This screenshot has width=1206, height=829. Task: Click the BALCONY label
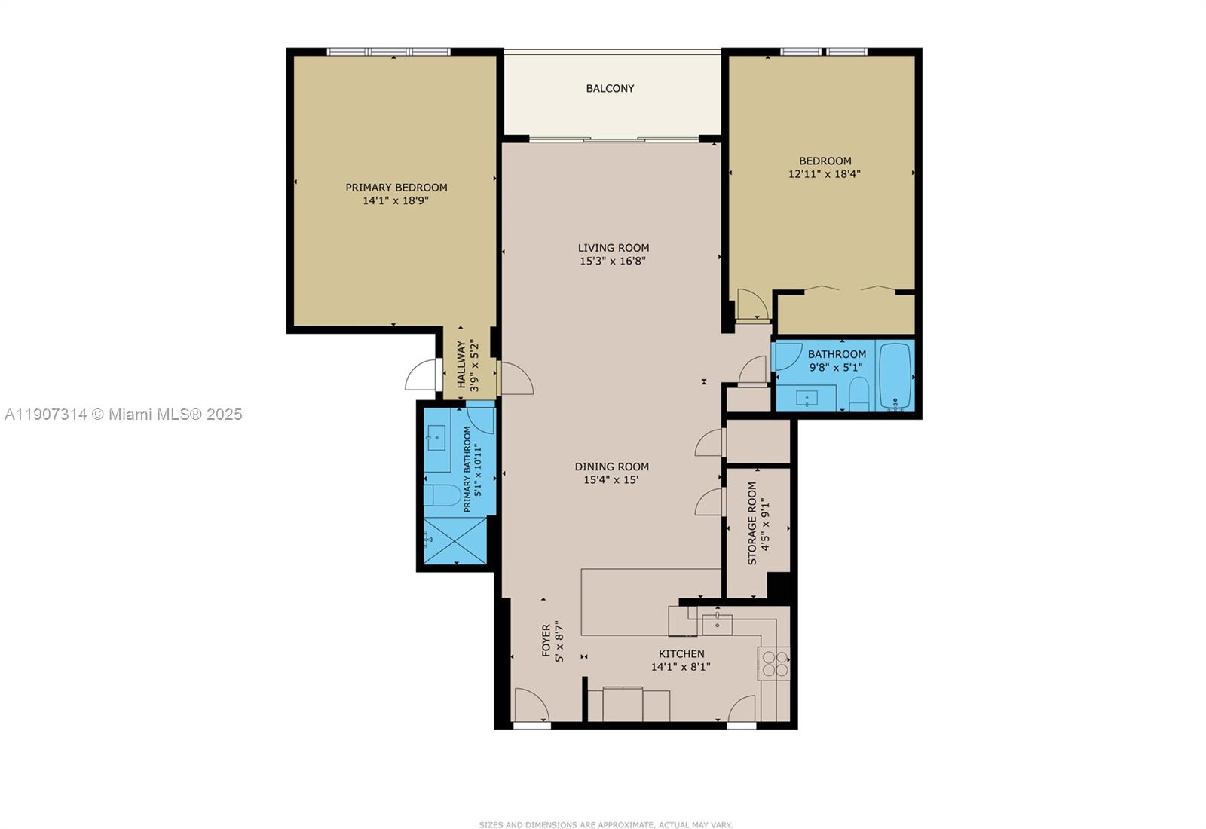610,88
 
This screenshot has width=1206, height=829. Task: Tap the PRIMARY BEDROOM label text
396,188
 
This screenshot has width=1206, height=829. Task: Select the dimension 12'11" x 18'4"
825,174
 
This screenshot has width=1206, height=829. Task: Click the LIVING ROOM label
613,248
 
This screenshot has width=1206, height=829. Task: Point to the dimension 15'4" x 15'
611,480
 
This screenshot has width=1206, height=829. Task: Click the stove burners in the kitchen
775,663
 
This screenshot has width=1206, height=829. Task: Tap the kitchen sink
717,623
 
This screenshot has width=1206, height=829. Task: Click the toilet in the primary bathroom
442,496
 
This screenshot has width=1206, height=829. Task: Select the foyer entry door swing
531,705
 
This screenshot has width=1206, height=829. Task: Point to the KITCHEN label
681,654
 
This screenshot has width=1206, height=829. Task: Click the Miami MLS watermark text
124,414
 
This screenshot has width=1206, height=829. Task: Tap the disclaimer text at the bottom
605,825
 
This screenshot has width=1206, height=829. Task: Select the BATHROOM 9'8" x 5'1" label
836,360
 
